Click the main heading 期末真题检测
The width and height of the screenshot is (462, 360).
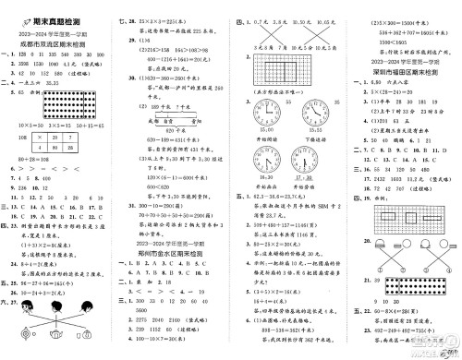point(41,8)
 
